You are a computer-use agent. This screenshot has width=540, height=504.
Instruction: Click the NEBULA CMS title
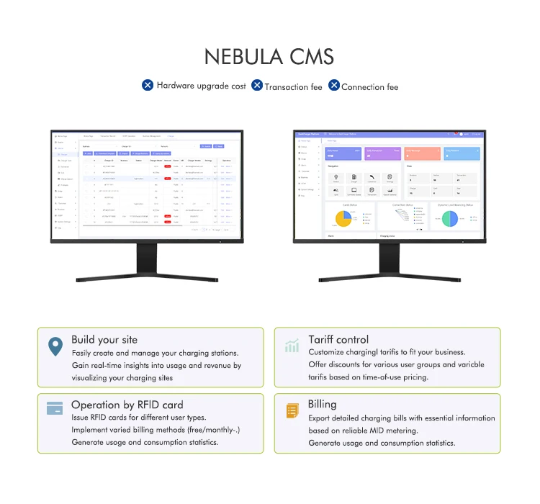269,57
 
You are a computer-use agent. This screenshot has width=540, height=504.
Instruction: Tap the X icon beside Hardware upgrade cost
148,85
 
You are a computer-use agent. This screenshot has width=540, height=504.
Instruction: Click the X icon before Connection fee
334,85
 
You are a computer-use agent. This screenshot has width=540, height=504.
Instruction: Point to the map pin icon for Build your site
55,347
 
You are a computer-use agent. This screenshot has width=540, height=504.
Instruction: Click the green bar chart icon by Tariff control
292,346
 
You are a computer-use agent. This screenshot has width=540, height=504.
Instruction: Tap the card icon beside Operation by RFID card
55,408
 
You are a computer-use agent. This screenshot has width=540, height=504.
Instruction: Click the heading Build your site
104,340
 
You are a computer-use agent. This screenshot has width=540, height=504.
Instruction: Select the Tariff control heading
338,340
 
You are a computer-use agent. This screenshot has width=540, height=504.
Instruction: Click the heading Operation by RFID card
127,405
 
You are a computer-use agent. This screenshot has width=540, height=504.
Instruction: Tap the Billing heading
323,405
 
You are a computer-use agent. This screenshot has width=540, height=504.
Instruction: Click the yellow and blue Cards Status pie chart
344,219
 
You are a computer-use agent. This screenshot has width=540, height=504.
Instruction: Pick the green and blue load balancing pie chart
450,219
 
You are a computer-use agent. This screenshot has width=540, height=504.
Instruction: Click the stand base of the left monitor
147,277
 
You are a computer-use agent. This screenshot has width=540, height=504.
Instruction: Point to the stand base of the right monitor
390,277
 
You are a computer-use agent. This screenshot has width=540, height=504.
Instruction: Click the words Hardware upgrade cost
202,86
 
